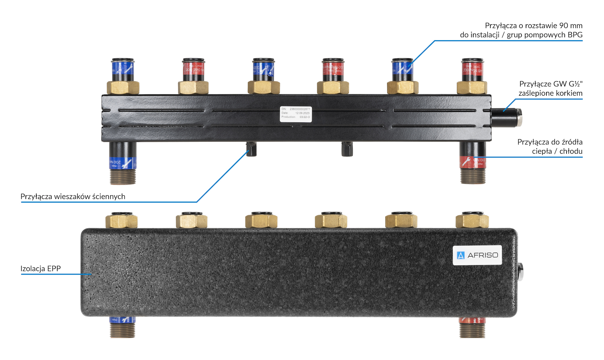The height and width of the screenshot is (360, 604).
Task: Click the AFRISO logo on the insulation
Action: click(477, 255)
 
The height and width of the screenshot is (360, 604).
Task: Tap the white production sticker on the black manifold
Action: click(296, 114)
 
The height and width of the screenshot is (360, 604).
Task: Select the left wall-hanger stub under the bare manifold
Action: click(251, 149)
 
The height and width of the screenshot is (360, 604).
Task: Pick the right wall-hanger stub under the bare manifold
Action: click(347, 149)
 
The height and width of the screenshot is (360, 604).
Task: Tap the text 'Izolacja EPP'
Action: click(40, 268)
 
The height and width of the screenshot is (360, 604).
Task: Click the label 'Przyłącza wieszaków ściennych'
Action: click(73, 196)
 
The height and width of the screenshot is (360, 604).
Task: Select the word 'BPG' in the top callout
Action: click(575, 35)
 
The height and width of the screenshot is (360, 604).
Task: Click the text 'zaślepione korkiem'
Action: click(550, 93)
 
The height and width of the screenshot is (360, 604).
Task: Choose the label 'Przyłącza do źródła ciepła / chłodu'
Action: click(550, 146)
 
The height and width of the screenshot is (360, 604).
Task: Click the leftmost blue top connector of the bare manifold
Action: click(123, 70)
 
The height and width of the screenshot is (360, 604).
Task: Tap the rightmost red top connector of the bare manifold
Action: click(472, 70)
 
